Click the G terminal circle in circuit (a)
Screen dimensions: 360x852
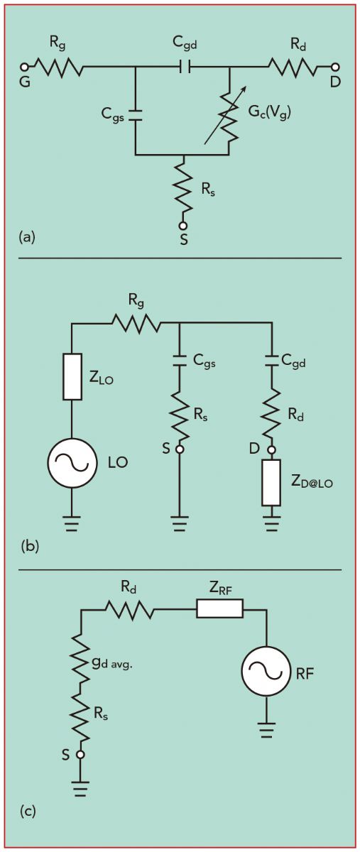click(x=24, y=67)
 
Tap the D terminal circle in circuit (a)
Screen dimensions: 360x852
click(x=334, y=67)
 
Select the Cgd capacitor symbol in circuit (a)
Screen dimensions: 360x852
click(x=185, y=67)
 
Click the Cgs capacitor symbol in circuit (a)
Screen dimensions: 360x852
click(x=136, y=114)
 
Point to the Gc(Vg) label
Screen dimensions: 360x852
click(x=268, y=113)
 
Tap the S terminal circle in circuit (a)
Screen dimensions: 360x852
click(x=183, y=226)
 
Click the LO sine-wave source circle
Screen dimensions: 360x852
click(x=72, y=462)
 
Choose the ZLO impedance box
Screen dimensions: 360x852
click(x=72, y=376)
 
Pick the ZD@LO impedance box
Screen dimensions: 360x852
click(x=271, y=483)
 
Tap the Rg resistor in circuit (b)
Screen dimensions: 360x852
click(x=136, y=324)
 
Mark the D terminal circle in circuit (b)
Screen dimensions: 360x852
click(x=271, y=450)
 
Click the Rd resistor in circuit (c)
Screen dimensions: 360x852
click(x=130, y=609)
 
